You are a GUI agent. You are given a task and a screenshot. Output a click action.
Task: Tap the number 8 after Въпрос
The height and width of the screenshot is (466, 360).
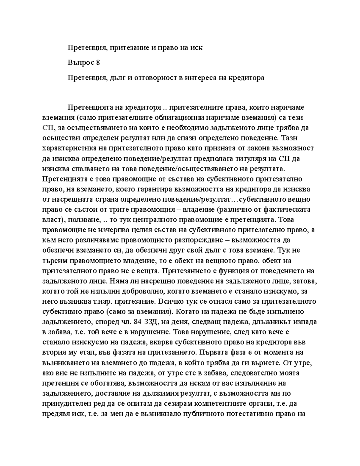click(97, 63)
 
